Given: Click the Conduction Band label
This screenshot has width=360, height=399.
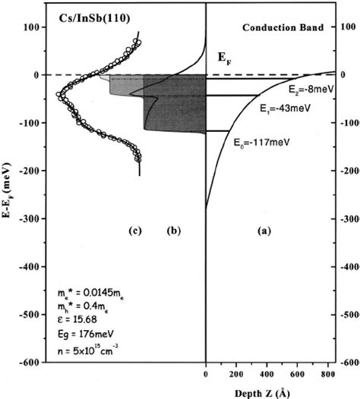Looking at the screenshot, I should (x=290, y=27).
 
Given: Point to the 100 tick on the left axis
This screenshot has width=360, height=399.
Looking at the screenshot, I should (x=31, y=27).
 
